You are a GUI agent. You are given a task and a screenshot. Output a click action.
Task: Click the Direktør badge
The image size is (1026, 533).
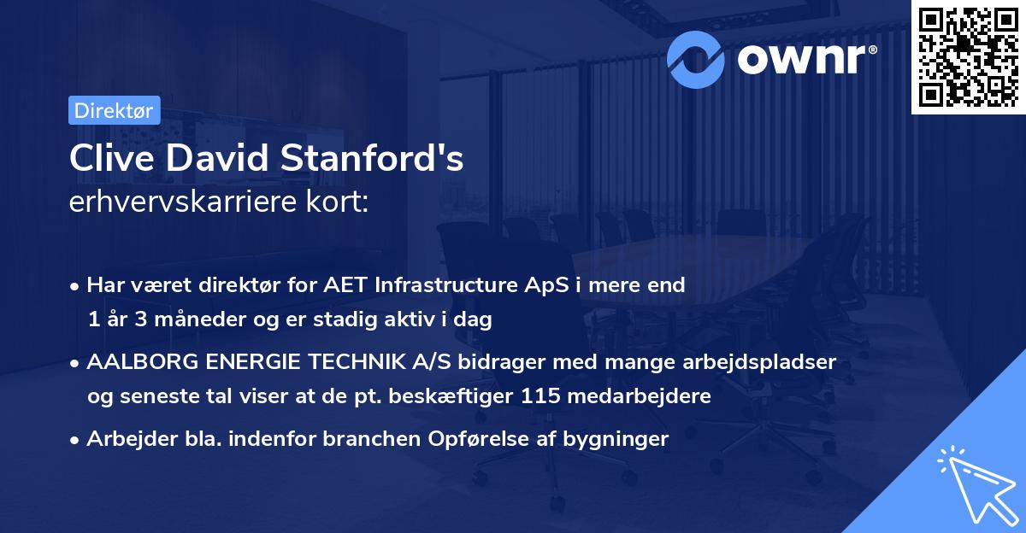point(114,110)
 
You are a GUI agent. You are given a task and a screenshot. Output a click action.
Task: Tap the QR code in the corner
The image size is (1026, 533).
point(968,57)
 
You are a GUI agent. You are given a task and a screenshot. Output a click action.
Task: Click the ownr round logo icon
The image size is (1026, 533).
point(696,59)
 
